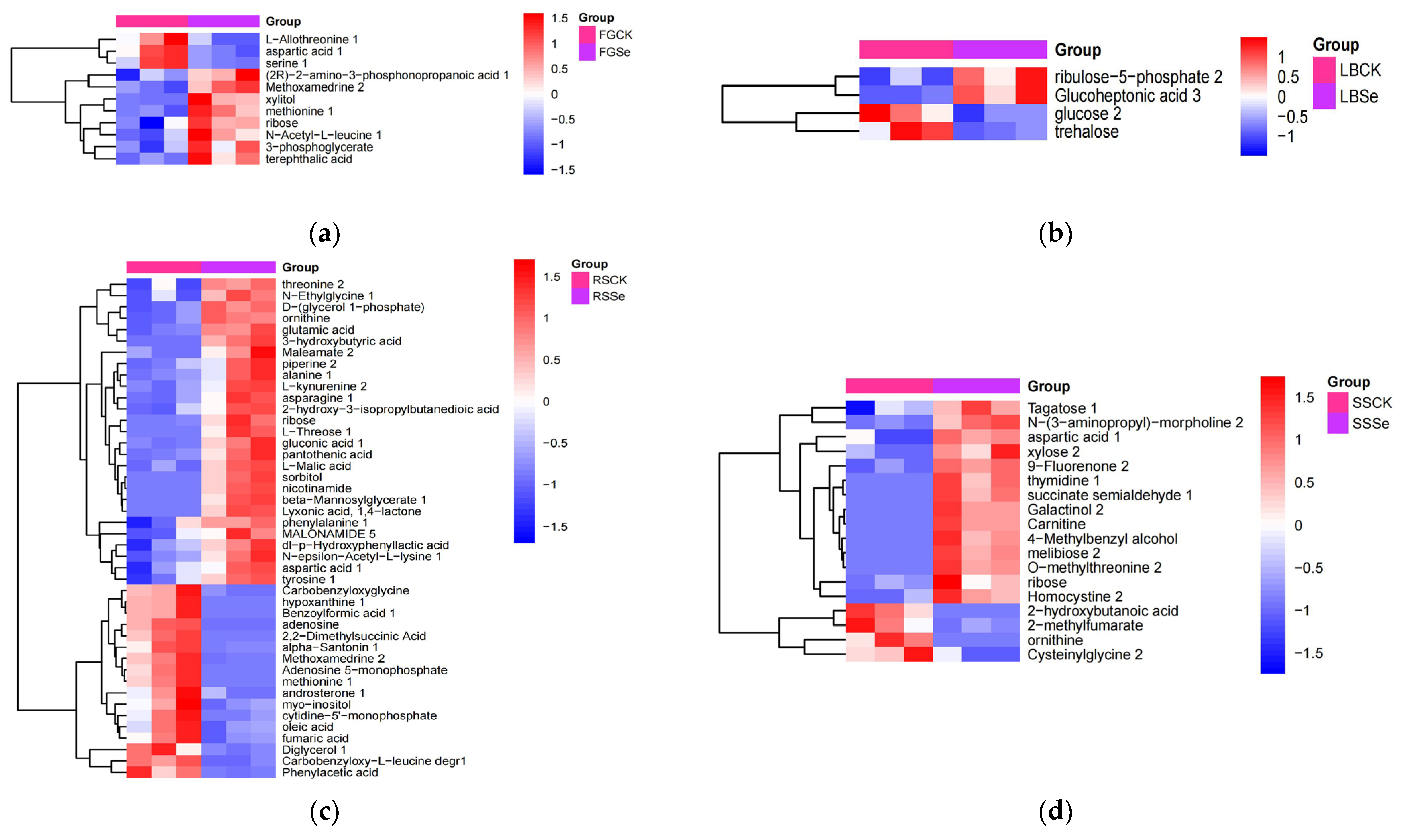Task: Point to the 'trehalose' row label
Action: click(x=1086, y=132)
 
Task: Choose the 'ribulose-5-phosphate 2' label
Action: click(x=1138, y=77)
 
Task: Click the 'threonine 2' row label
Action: click(x=312, y=284)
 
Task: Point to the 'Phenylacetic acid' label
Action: click(x=330, y=773)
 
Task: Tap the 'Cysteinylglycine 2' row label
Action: click(x=1085, y=655)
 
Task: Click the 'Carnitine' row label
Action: click(x=1056, y=524)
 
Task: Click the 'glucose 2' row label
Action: click(x=1087, y=114)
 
